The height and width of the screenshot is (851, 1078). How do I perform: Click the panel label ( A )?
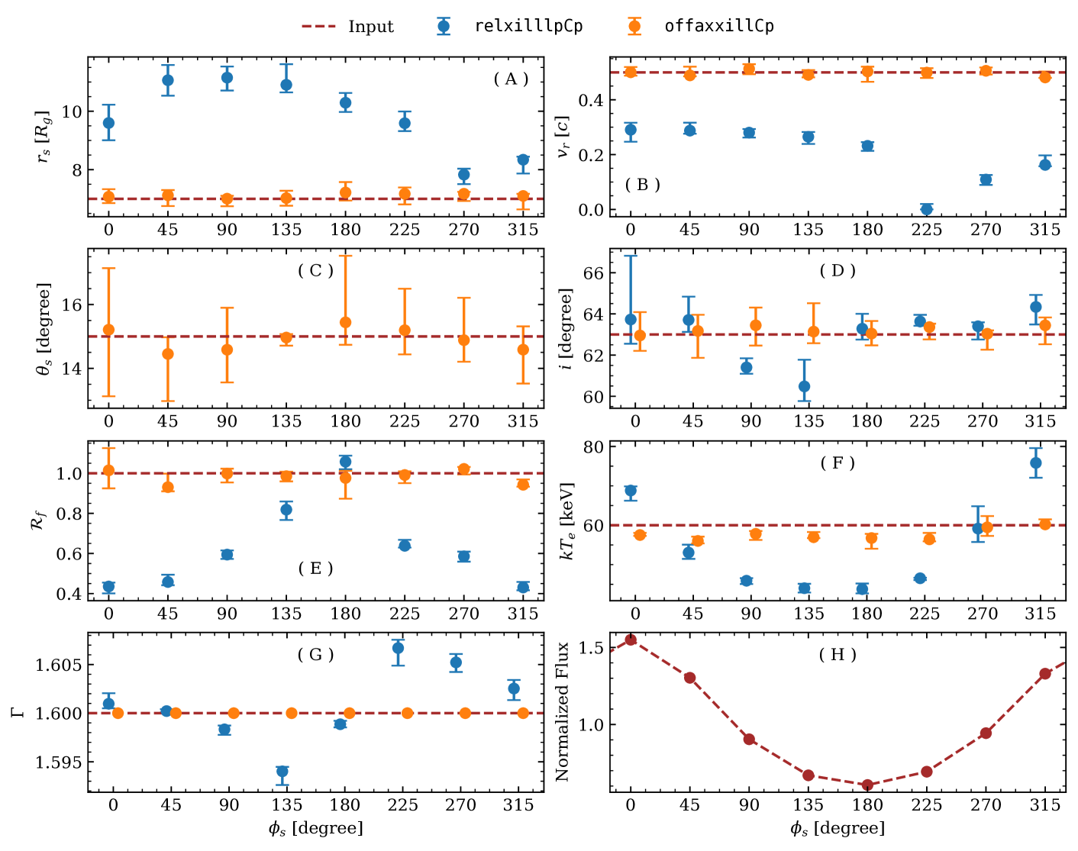pos(511,79)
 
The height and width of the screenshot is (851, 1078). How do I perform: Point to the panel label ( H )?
pos(838,655)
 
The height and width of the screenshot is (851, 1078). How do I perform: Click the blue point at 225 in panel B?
pos(927,209)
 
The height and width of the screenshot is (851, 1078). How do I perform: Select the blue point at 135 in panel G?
pos(282,772)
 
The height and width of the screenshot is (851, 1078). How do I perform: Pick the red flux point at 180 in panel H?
pos(867,785)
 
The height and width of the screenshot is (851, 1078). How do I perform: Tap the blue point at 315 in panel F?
pos(1036,463)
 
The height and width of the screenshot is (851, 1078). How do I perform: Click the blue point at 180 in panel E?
pos(345,461)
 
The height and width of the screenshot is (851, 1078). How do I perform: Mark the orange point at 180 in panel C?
pos(345,322)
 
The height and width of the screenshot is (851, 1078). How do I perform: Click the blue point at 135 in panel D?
pos(804,386)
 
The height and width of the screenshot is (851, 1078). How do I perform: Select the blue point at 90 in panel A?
pos(227,78)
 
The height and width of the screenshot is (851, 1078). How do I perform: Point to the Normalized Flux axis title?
pos(563,711)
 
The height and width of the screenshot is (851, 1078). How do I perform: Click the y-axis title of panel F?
pos(566,521)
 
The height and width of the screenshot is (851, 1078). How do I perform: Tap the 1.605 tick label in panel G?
pos(58,665)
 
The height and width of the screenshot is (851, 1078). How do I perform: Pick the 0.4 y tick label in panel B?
pos(592,100)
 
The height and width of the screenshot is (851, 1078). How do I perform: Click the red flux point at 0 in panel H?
pos(631,640)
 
